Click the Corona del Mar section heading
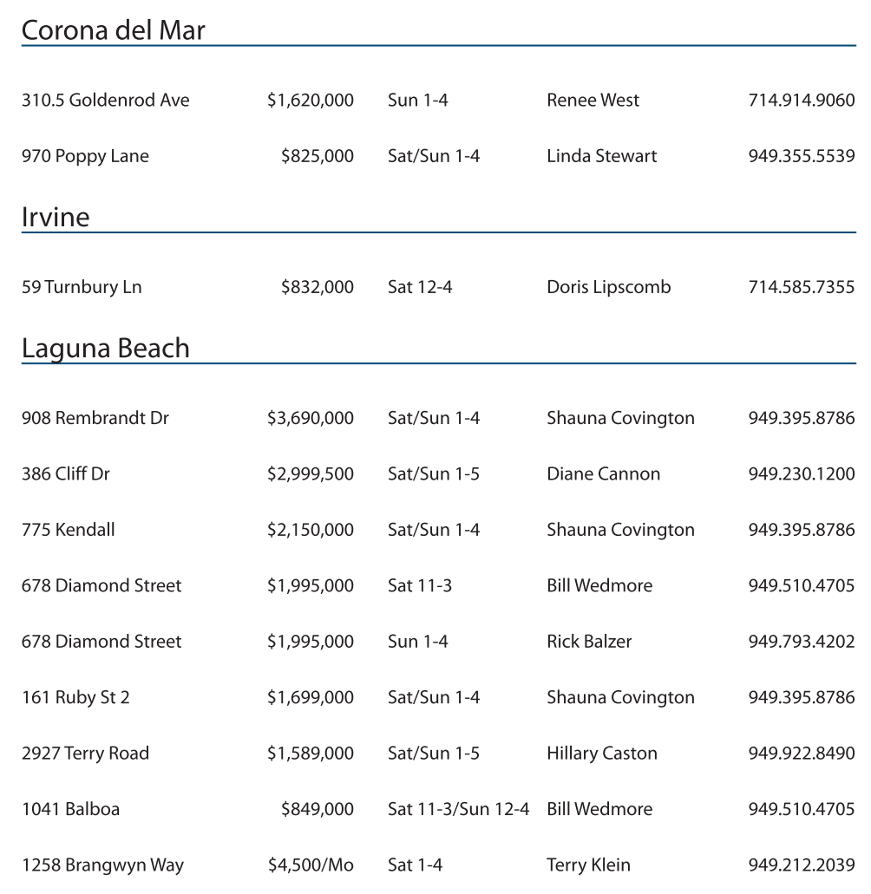click(x=113, y=30)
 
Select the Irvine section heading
click(x=56, y=217)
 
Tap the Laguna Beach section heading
click(x=105, y=349)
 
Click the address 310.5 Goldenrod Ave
click(x=105, y=101)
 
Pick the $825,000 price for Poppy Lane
click(x=317, y=157)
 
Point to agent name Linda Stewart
click(x=601, y=157)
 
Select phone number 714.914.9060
click(x=801, y=101)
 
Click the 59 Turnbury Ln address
click(x=82, y=288)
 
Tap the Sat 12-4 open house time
click(x=420, y=288)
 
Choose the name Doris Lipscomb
click(x=608, y=288)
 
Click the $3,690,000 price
click(x=310, y=419)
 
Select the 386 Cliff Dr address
click(x=66, y=474)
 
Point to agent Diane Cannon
click(x=603, y=474)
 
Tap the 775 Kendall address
click(x=68, y=531)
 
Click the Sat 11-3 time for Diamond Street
click(x=420, y=586)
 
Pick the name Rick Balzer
click(x=589, y=643)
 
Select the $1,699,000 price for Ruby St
click(x=310, y=698)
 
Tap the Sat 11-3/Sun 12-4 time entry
click(x=458, y=810)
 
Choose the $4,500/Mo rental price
click(x=310, y=865)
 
